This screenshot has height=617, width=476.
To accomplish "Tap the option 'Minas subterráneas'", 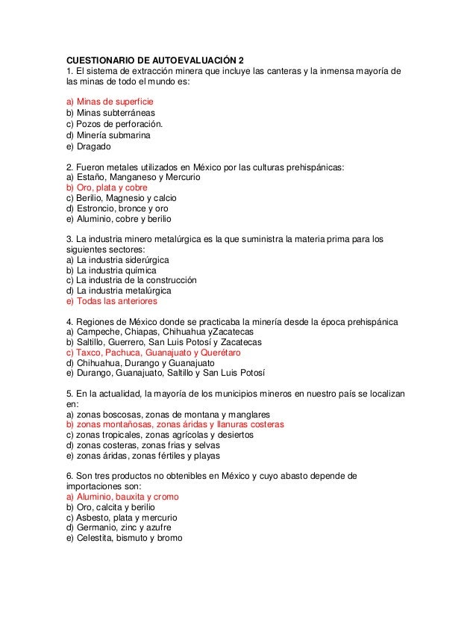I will coord(110,113).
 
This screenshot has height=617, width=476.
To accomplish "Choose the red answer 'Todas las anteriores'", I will coord(111,302).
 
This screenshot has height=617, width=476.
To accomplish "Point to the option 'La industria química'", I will coord(111,270).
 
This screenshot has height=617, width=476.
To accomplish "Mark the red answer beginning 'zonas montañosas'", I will coord(175,424).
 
